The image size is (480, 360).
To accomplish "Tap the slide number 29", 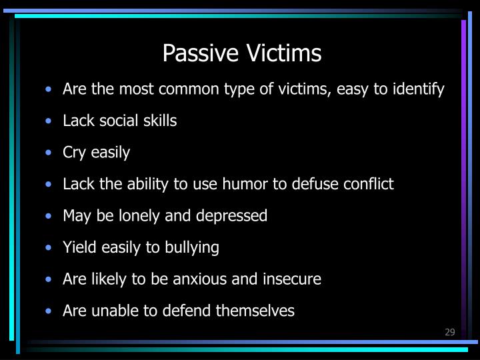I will click(449, 332).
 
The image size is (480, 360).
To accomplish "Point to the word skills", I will click(159, 121).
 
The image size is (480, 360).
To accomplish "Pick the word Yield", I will click(79, 247).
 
